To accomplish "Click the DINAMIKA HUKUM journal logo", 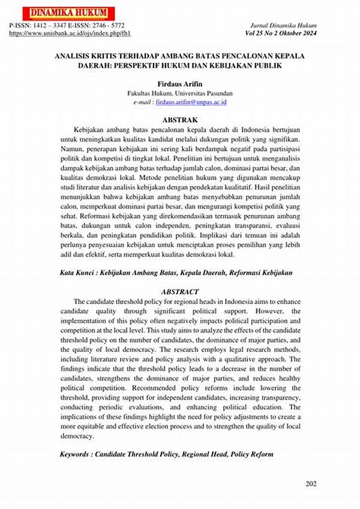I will click(x=60, y=13).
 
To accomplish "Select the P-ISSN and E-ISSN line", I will click(x=67, y=26).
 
